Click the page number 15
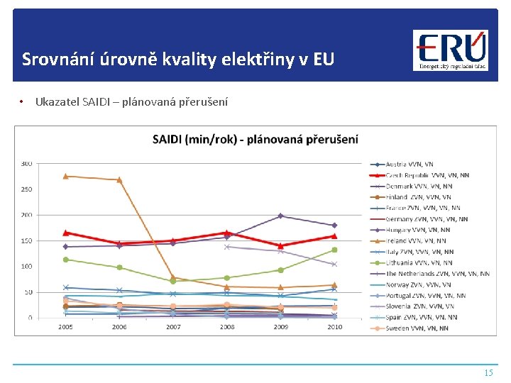[488, 372]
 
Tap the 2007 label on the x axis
[172, 327]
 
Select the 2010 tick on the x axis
[334, 327]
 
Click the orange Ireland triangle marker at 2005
[65, 176]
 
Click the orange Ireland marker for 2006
[119, 180]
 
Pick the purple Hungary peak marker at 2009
[280, 216]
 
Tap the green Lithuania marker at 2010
[334, 250]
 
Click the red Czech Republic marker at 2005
[65, 233]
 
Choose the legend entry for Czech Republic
[427, 175]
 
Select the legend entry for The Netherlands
[437, 274]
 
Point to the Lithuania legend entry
[419, 262]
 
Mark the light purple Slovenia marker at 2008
[226, 246]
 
